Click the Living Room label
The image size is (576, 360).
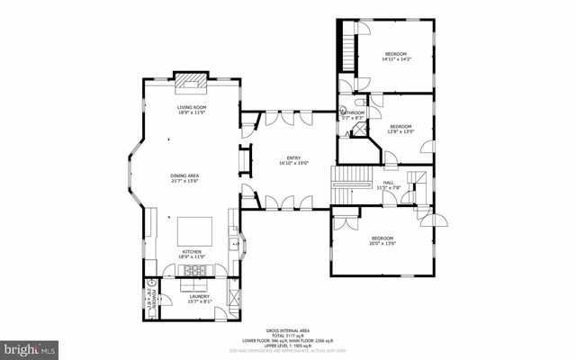coord(191,107)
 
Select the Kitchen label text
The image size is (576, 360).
coord(192,252)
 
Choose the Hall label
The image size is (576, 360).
coord(388,182)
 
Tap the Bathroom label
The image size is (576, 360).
coord(352,112)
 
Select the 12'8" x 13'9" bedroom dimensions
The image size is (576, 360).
coord(400,131)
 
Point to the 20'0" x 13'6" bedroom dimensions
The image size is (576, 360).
coord(383,243)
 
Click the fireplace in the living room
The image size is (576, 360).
coord(191,81)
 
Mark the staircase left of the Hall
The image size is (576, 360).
coord(346,185)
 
